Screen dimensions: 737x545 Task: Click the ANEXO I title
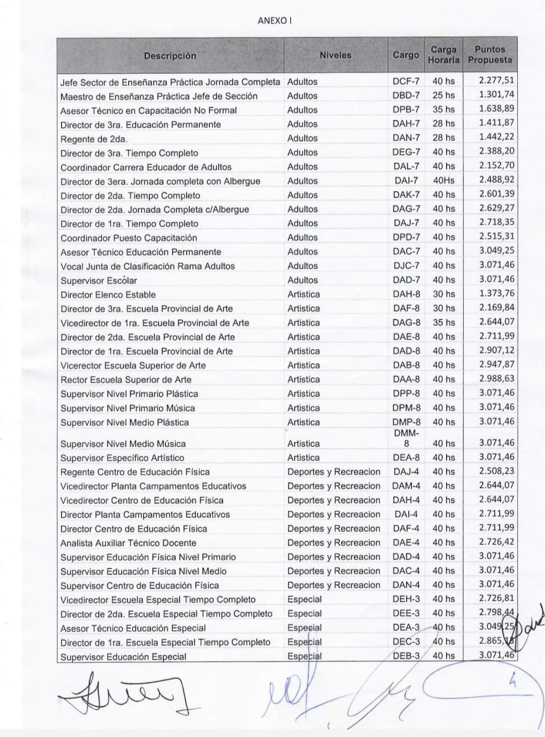click(275, 21)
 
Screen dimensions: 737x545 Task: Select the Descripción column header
click(170, 56)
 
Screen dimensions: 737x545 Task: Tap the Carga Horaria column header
click(444, 55)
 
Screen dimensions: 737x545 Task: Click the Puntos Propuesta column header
click(489, 55)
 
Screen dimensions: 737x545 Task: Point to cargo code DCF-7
click(406, 81)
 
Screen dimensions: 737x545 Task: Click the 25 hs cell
click(443, 95)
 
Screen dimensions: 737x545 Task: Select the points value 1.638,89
click(497, 109)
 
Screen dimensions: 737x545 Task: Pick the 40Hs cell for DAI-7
click(444, 180)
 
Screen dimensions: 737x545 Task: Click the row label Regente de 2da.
click(94, 139)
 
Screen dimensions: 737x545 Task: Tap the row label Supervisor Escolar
click(99, 280)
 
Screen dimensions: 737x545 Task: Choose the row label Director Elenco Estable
click(108, 294)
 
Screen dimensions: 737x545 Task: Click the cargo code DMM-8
click(406, 438)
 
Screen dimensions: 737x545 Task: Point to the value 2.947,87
click(497, 365)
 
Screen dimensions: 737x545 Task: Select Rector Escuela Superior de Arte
click(126, 379)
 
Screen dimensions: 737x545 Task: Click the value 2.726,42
click(497, 542)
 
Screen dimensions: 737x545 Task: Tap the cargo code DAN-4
click(406, 585)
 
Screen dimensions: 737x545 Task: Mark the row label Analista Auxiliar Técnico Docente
click(128, 543)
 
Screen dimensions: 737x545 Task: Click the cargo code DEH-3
click(406, 599)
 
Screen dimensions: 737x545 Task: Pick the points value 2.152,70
click(497, 166)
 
